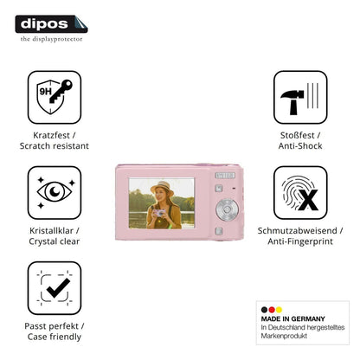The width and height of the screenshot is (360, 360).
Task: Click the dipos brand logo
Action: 51,24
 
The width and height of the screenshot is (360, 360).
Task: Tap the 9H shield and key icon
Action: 55,97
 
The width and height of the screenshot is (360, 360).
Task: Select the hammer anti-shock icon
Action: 300,97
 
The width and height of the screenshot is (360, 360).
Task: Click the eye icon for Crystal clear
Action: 55,192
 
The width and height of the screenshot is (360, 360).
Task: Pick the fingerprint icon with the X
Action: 300,192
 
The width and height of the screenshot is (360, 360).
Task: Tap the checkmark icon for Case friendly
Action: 55,288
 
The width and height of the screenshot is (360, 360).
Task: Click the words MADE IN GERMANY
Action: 292,318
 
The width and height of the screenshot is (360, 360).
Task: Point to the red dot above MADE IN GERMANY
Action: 272,310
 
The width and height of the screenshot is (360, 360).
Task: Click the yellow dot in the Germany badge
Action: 279,310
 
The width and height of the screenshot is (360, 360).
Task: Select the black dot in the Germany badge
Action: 264,310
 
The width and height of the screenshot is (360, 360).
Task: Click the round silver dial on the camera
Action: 227,209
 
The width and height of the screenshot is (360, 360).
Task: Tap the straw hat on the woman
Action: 162,186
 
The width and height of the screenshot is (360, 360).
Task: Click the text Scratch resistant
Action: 55,146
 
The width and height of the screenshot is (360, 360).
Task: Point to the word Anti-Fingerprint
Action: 300,241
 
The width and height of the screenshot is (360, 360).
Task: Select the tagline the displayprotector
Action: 51,39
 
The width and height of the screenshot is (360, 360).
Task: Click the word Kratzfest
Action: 51,135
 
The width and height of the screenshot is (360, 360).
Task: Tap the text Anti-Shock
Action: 300,146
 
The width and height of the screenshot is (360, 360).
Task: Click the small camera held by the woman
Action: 159,213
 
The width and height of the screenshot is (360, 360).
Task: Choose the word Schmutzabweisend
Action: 297,230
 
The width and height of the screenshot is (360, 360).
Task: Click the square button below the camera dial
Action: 219,231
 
